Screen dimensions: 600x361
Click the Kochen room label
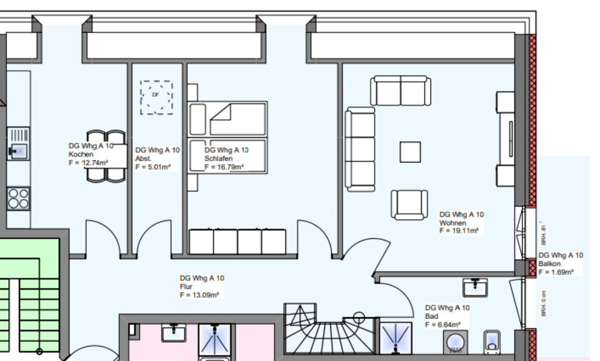pyautogui.click(x=81, y=154)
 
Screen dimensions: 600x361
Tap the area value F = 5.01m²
pyautogui.click(x=153, y=167)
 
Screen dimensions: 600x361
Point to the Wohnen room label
pyautogui.click(x=453, y=223)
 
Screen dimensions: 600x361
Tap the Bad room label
pyautogui.click(x=432, y=316)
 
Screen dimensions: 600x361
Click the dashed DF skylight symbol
pyautogui.click(x=156, y=97)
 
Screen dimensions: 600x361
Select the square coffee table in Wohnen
pyautogui.click(x=411, y=152)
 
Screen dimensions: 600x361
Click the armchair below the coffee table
pyautogui.click(x=410, y=205)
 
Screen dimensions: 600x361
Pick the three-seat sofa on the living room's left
pyautogui.click(x=361, y=149)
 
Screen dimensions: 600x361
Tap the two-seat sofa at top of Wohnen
pyautogui.click(x=400, y=91)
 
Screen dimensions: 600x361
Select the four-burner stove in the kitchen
pyautogui.click(x=18, y=199)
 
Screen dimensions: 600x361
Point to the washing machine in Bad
pyautogui.click(x=457, y=345)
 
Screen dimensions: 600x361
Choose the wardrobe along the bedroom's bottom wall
pyautogui.click(x=237, y=242)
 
